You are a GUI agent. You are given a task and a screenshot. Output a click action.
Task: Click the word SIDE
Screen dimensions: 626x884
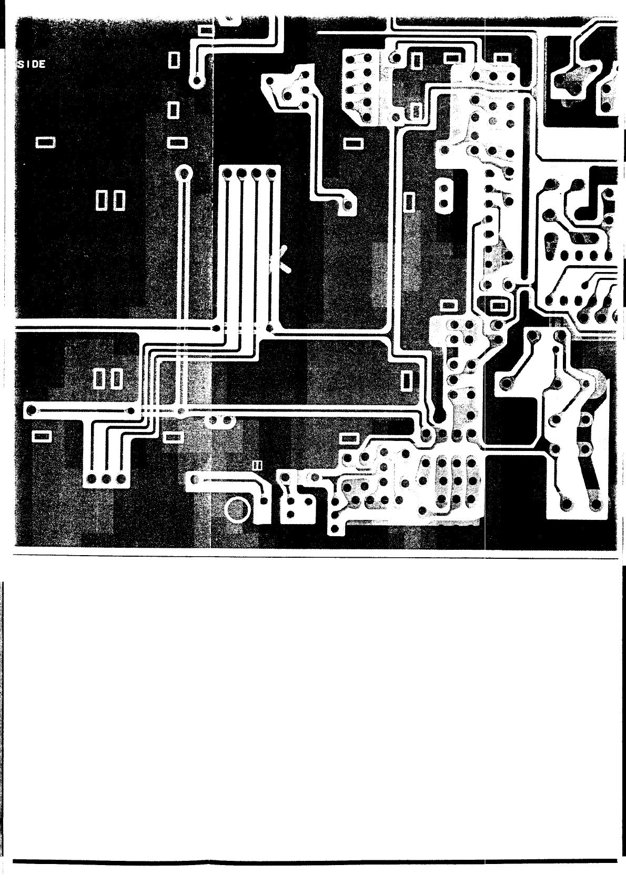[x=32, y=64]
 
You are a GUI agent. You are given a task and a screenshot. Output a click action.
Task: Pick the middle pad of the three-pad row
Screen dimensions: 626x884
[x=106, y=479]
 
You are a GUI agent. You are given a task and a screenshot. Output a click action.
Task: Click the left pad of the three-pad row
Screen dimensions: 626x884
[x=91, y=479]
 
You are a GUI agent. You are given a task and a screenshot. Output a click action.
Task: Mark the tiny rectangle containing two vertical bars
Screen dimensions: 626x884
[x=257, y=465]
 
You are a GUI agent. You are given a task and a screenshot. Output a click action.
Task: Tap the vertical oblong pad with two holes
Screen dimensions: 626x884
[x=443, y=195]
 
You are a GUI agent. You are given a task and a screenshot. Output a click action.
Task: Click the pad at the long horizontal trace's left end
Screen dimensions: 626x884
[x=32, y=410]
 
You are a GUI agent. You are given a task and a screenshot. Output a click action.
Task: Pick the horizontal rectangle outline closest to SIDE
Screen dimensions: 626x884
[x=45, y=142]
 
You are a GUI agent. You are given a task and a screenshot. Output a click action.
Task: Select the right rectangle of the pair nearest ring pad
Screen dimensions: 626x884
[x=119, y=199]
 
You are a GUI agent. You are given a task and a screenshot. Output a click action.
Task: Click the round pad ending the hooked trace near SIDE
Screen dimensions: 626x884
[x=197, y=81]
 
